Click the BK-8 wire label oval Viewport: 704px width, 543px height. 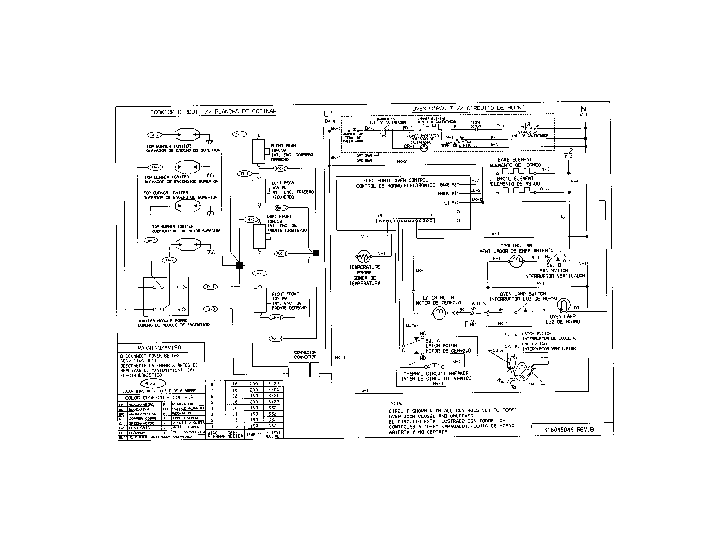coord(276,338)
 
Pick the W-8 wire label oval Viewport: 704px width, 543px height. coord(211,309)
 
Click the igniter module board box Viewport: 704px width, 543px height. coord(166,296)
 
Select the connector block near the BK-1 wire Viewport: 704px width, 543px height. coord(303,369)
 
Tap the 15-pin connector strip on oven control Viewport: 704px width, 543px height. coord(405,221)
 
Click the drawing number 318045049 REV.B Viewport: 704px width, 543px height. coord(569,429)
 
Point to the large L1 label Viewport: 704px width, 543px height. coord(329,114)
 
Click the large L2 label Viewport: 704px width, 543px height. coord(568,151)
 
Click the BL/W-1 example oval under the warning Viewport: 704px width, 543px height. coord(153,383)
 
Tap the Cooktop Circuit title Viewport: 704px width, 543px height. coord(213,112)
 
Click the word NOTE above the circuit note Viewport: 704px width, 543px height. coord(396,403)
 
